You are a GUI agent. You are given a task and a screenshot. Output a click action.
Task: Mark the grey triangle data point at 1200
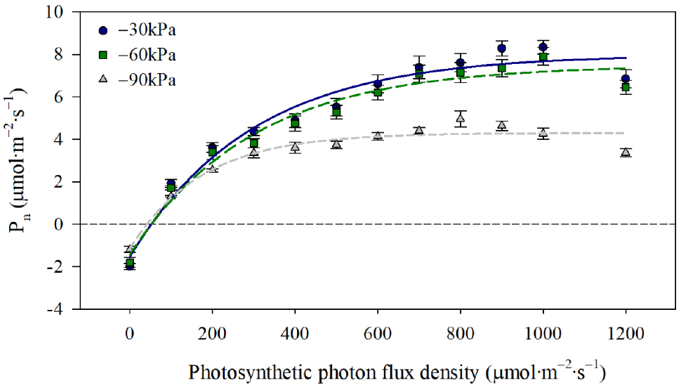point(626,152)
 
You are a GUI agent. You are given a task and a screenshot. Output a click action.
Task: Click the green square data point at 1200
point(626,88)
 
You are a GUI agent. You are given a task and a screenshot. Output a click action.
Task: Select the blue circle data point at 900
point(502,48)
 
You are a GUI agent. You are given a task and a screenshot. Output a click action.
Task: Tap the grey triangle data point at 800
point(461,119)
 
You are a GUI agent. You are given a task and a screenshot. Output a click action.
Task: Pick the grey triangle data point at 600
point(378,135)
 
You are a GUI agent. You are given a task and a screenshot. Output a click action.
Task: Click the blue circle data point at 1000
point(543,47)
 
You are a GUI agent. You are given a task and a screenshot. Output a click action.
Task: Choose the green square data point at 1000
point(543,57)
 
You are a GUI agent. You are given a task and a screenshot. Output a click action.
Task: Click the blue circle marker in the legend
point(104,30)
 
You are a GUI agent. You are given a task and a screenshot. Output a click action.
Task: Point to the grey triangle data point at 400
point(296,147)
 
